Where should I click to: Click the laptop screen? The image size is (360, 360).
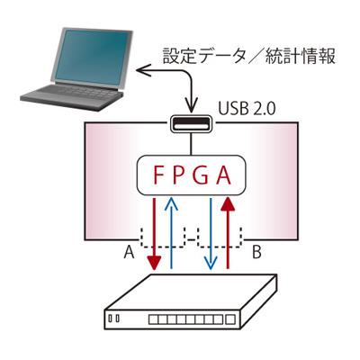coord(92,57)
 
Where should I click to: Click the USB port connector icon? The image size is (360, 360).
coord(191,123)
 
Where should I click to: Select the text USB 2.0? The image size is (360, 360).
coord(247,109)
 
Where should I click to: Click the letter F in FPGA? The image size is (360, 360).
coord(158,175)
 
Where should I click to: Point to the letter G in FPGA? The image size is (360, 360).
coord(201,175)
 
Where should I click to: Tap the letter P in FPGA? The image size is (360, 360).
coord(179,175)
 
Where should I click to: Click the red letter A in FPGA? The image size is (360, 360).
coord(223,175)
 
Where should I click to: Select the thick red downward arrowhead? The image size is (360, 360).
coord(154,263)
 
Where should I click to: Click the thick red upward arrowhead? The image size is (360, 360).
coord(228,203)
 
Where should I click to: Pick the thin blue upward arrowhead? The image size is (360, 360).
coord(171,204)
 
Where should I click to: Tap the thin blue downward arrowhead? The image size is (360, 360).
coord(211,262)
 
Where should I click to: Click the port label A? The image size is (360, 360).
coord(129,252)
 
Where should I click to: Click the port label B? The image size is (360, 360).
coord(256,252)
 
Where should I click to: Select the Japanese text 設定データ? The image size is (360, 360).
coord(203,56)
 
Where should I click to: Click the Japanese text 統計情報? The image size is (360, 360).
coord(300,56)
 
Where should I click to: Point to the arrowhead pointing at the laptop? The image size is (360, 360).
coord(143,71)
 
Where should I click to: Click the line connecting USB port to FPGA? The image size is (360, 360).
coord(191,143)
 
